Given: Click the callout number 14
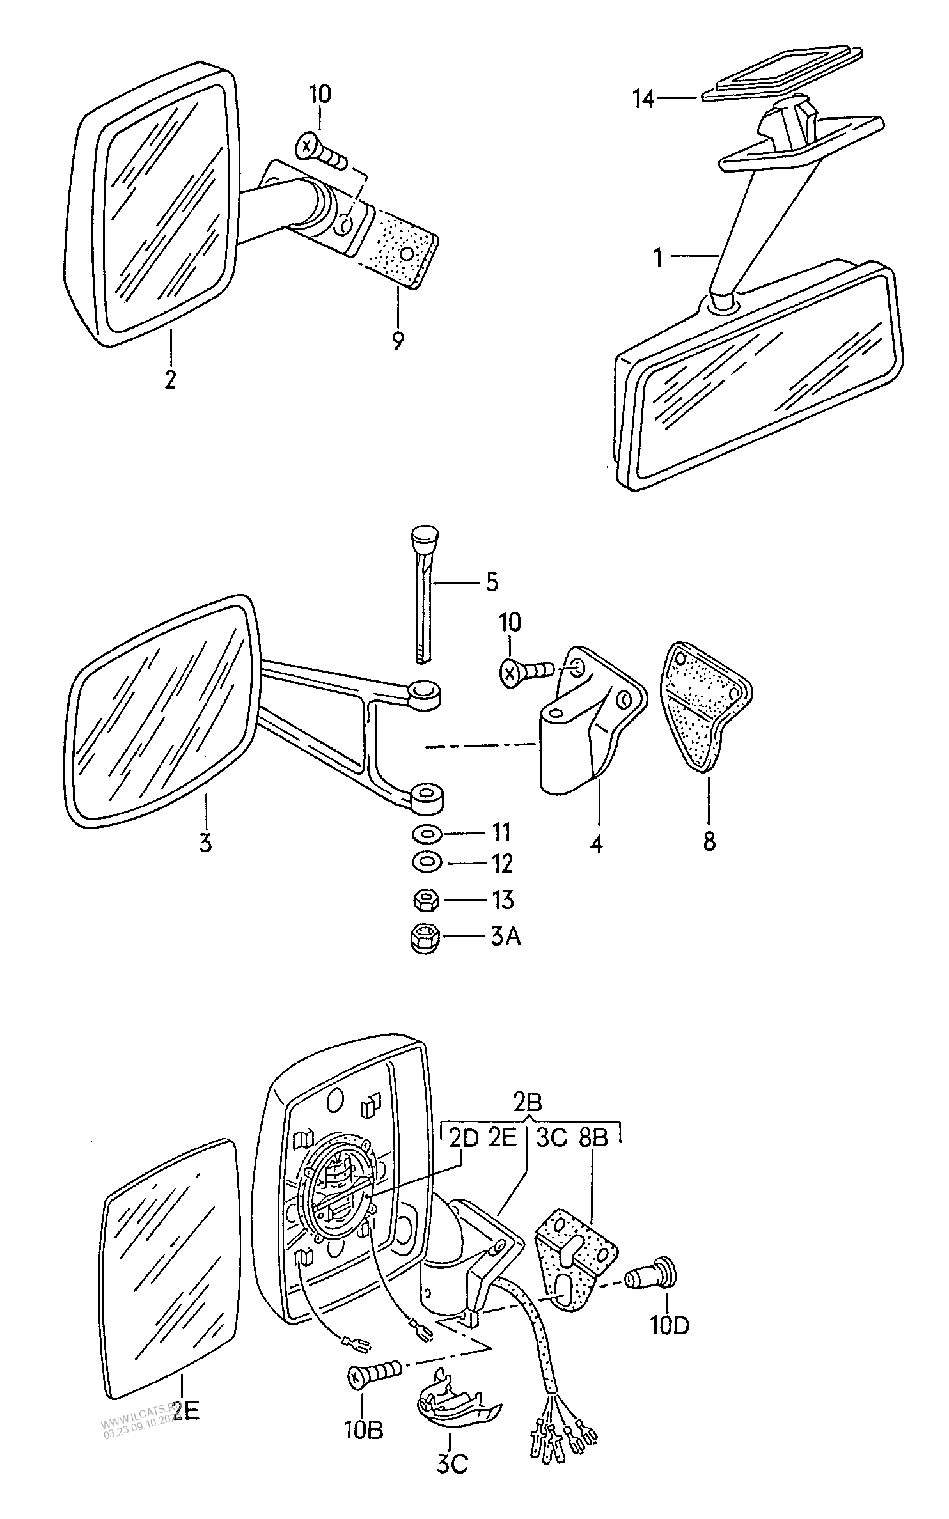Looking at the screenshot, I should click(x=644, y=99).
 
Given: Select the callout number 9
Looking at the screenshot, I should click(x=398, y=341).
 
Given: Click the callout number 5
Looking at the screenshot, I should click(x=491, y=582).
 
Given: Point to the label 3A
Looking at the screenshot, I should click(x=506, y=937).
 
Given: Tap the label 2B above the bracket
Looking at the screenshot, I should click(x=528, y=1102).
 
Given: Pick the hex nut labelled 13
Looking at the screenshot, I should click(x=425, y=901).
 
